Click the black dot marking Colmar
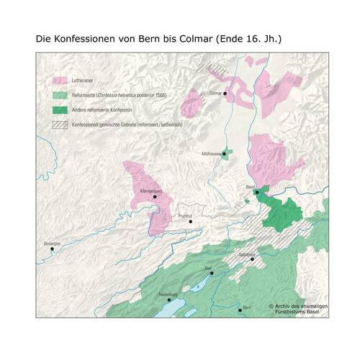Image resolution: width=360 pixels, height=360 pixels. [225, 94]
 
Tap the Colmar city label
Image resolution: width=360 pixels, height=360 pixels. [214, 94]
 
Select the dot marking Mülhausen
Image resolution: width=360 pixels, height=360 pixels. [224, 153]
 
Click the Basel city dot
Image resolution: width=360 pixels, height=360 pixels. [257, 192]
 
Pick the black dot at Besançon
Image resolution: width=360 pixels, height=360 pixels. [51, 249]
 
